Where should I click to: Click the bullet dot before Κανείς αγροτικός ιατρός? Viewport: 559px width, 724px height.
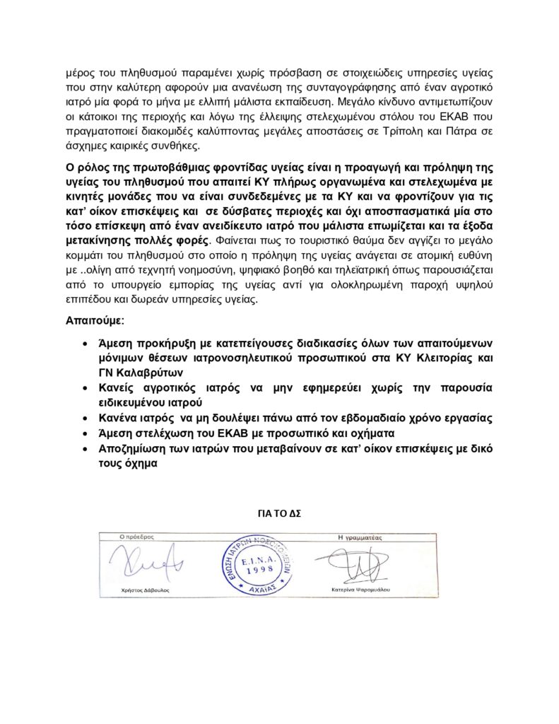click(x=85, y=388)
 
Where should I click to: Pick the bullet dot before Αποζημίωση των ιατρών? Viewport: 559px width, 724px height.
click(x=85, y=448)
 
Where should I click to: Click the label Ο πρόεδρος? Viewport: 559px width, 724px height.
click(x=123, y=537)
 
